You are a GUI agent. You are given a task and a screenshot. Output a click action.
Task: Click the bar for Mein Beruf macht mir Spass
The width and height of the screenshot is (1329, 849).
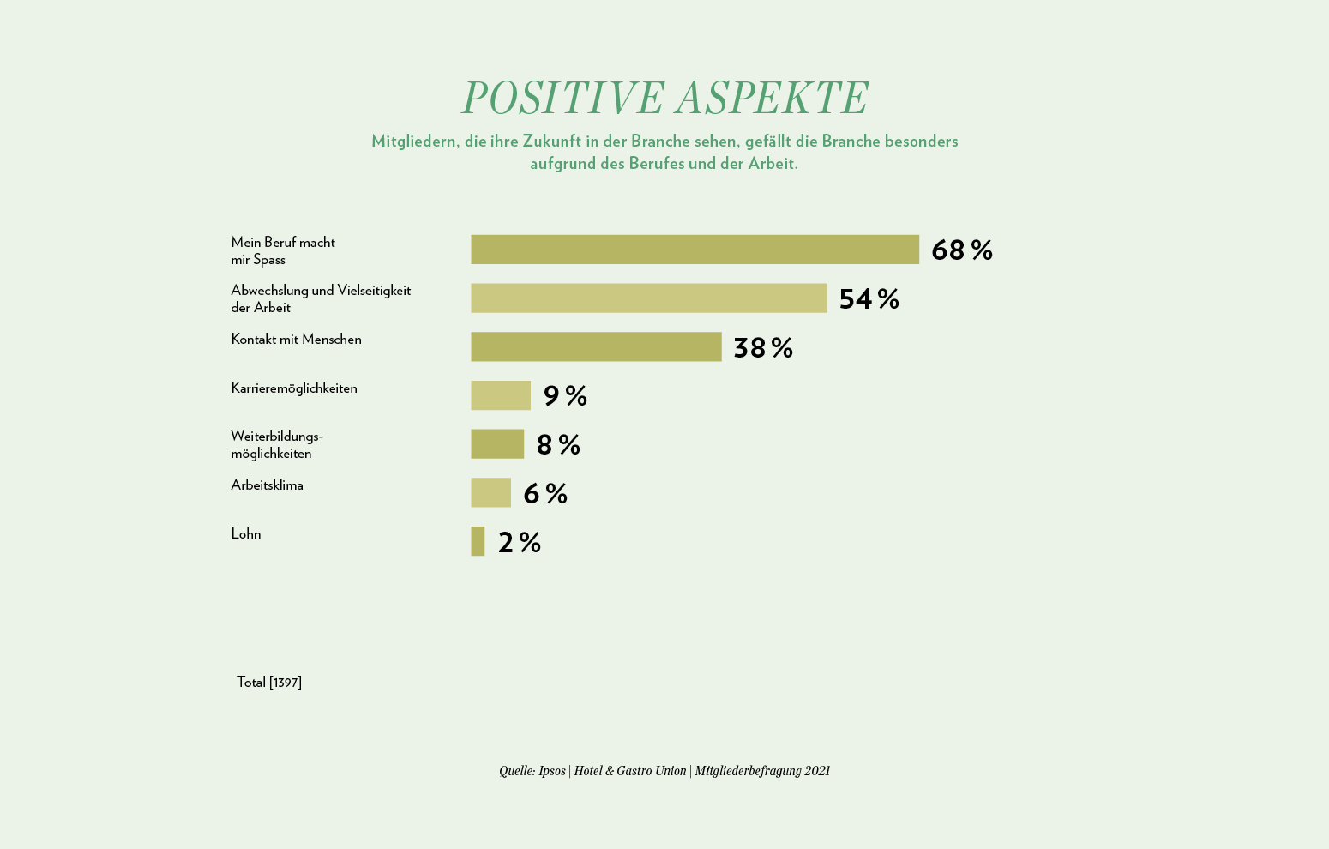point(695,250)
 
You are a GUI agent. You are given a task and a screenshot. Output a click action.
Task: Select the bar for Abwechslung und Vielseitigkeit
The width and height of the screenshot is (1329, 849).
point(648,298)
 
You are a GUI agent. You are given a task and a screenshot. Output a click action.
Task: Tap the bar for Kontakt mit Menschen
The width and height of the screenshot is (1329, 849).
point(596,346)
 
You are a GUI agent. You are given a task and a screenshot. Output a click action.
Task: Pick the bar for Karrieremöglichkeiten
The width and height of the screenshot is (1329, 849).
point(501,395)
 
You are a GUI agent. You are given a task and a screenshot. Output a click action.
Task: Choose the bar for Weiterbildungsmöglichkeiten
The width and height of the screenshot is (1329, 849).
point(497,444)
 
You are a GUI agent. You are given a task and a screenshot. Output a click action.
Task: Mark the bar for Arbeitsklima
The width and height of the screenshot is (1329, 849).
point(490,493)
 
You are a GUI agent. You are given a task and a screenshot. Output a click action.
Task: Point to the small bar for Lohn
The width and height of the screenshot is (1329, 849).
point(478,541)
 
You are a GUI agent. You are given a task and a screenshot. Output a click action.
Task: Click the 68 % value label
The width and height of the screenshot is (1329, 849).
point(961,250)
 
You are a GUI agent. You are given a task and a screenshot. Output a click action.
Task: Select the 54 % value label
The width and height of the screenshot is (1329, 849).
point(869,299)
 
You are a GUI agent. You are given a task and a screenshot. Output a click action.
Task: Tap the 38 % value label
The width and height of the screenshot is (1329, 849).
point(762,347)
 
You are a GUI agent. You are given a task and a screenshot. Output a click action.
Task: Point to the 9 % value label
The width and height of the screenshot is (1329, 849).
point(565,396)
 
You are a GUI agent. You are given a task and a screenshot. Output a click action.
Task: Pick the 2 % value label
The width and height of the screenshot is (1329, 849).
point(520,543)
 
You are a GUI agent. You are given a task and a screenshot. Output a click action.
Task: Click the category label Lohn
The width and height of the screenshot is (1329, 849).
point(246,534)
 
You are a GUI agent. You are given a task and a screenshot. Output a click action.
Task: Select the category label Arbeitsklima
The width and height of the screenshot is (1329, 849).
point(267,485)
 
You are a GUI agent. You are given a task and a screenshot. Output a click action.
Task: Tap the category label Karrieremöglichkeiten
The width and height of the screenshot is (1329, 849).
point(294,388)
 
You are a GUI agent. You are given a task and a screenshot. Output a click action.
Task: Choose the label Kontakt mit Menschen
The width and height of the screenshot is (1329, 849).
point(296,340)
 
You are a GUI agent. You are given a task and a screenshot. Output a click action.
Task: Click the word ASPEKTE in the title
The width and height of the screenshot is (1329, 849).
point(771,98)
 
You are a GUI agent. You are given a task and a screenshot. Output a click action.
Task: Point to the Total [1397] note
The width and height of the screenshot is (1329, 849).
point(269,683)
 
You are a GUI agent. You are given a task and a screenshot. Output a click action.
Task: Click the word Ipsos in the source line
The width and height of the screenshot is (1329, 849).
point(552,771)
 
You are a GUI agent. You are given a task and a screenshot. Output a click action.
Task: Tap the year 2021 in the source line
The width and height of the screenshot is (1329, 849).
point(817,771)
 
